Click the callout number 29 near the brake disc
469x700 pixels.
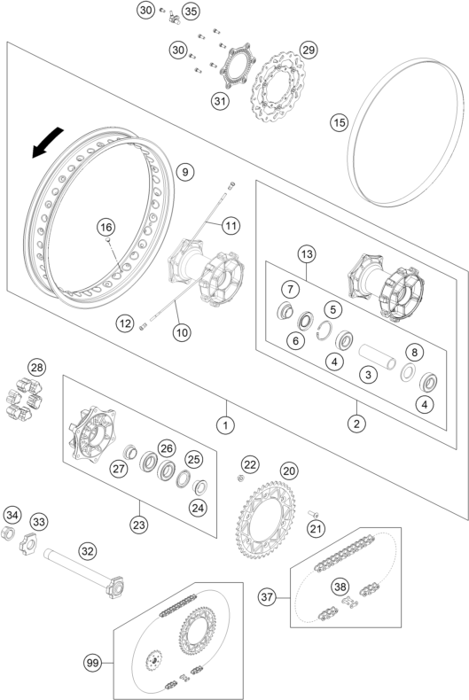point(309,50)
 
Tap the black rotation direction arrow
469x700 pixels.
point(47,142)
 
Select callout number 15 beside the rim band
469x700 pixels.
point(339,122)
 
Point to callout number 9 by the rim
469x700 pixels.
point(185,171)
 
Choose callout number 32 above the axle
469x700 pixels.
point(88,551)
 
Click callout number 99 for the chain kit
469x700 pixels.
point(92,663)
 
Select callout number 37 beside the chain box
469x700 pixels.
point(267,596)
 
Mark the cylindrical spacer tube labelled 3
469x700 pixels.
point(378,357)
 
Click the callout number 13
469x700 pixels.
point(307,254)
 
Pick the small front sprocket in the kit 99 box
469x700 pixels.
point(154,660)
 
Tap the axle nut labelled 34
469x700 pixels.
point(10,533)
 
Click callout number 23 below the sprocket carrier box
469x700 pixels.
point(139,525)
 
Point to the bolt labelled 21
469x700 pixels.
point(314,514)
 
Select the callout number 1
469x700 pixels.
point(225,424)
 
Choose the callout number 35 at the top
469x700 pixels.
point(191,12)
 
